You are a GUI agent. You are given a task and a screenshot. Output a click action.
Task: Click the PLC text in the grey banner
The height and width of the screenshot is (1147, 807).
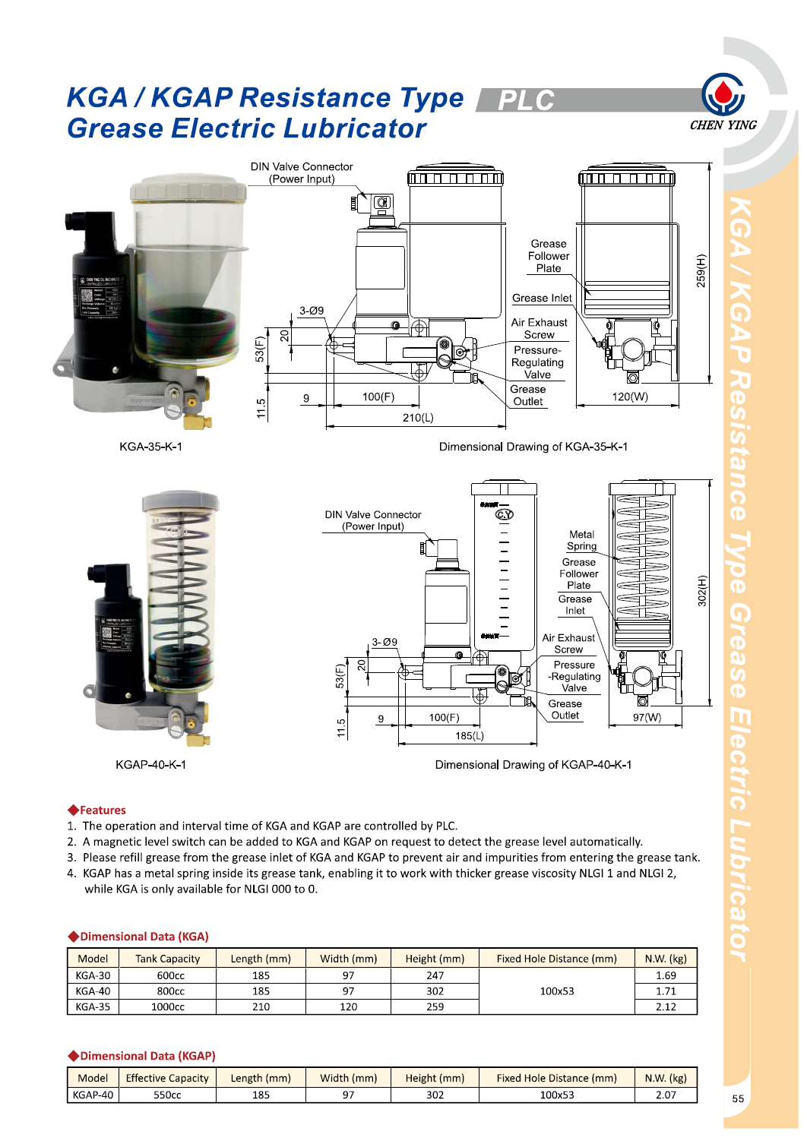[526, 100]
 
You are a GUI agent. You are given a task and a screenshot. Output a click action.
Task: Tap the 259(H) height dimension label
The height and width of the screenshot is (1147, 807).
[701, 270]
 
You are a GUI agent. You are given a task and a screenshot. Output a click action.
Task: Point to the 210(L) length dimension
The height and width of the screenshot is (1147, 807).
[418, 418]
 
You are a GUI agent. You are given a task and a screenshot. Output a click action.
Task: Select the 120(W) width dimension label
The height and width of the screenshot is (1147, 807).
[630, 397]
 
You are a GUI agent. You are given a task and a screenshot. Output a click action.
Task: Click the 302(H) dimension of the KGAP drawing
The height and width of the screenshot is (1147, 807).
[701, 591]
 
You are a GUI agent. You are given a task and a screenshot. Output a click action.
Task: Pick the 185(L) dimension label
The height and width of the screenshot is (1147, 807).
[470, 735]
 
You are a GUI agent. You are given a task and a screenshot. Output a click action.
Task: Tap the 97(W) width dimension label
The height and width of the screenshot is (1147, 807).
[647, 717]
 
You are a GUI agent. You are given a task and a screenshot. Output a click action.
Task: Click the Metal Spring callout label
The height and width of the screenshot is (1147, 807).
[581, 540]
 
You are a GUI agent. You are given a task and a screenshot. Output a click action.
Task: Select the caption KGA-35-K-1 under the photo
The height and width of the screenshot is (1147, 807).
[150, 447]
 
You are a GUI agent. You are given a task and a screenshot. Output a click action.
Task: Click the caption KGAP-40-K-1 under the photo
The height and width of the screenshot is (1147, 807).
[150, 764]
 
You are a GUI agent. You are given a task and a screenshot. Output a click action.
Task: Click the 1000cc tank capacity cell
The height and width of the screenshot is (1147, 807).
[168, 1006]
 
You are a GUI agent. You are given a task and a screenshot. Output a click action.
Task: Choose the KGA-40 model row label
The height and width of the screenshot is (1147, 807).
[93, 991]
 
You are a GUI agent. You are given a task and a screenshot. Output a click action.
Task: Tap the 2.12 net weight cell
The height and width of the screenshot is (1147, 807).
[666, 1006]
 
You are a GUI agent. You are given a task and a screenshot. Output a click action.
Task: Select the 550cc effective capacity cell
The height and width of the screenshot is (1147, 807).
[167, 1095]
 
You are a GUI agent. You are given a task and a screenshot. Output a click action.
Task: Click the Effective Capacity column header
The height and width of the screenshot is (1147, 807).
[167, 1078]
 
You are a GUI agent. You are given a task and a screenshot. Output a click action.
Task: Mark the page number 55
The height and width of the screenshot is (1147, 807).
[738, 1098]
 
